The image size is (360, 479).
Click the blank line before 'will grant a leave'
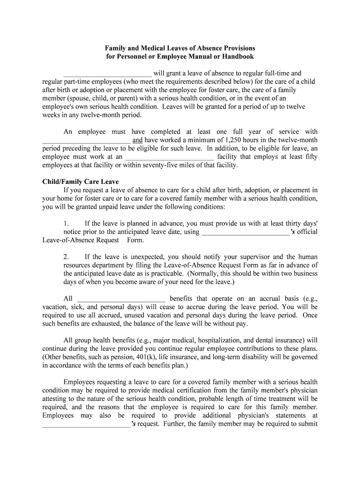(x=108, y=73)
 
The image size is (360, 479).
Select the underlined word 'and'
(x=137, y=140)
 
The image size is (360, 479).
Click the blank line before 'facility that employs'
(x=170, y=157)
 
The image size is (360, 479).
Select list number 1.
(x=66, y=224)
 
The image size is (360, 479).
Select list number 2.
(x=66, y=257)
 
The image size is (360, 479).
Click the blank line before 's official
(x=245, y=232)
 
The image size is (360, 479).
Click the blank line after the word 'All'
(x=121, y=299)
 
